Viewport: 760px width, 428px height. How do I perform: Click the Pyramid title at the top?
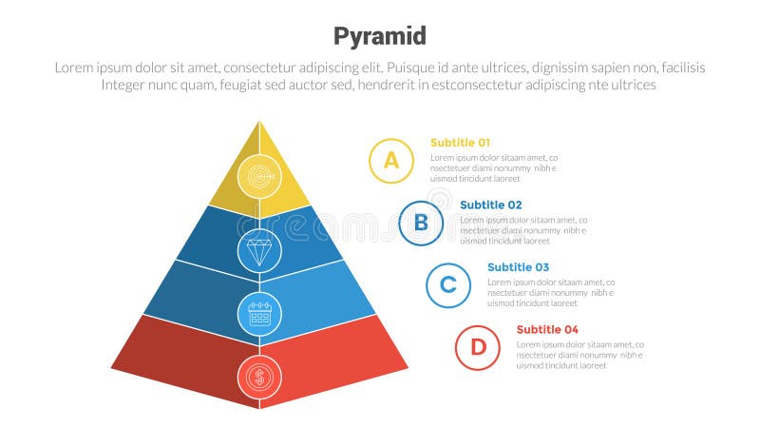(x=379, y=36)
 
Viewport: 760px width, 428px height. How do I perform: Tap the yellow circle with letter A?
(x=390, y=161)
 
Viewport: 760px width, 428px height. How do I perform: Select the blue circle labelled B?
(x=421, y=224)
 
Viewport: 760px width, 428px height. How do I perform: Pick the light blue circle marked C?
(x=448, y=285)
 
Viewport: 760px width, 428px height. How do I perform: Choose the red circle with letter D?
(x=477, y=347)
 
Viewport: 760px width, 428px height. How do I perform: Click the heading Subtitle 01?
(x=460, y=143)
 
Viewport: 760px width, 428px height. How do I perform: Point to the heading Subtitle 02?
(x=490, y=204)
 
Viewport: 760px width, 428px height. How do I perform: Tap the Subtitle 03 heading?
(x=518, y=267)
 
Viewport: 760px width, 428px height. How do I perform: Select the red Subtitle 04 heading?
(x=547, y=329)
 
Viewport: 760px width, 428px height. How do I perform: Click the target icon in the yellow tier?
(x=259, y=175)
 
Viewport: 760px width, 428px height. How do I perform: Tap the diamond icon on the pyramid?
(x=259, y=251)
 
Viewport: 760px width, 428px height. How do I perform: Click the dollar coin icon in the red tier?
(x=259, y=378)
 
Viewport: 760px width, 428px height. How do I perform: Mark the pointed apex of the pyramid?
(x=259, y=122)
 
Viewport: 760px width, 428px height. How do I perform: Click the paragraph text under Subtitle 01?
(x=493, y=167)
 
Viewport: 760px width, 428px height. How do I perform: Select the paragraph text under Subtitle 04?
(x=579, y=355)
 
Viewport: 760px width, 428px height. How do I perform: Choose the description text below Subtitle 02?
(x=522, y=230)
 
